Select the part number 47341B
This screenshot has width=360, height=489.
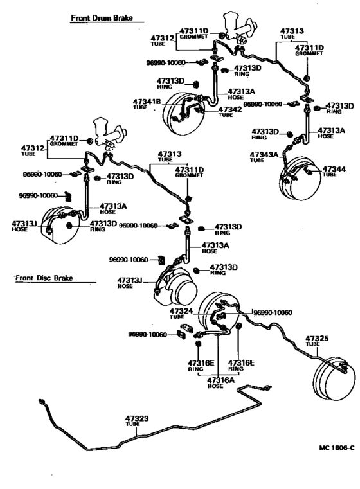click(147, 102)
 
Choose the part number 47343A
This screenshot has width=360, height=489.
click(264, 154)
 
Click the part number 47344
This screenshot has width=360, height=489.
click(334, 168)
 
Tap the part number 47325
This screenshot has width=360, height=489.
click(317, 338)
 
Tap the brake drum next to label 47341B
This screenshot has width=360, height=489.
click(183, 116)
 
